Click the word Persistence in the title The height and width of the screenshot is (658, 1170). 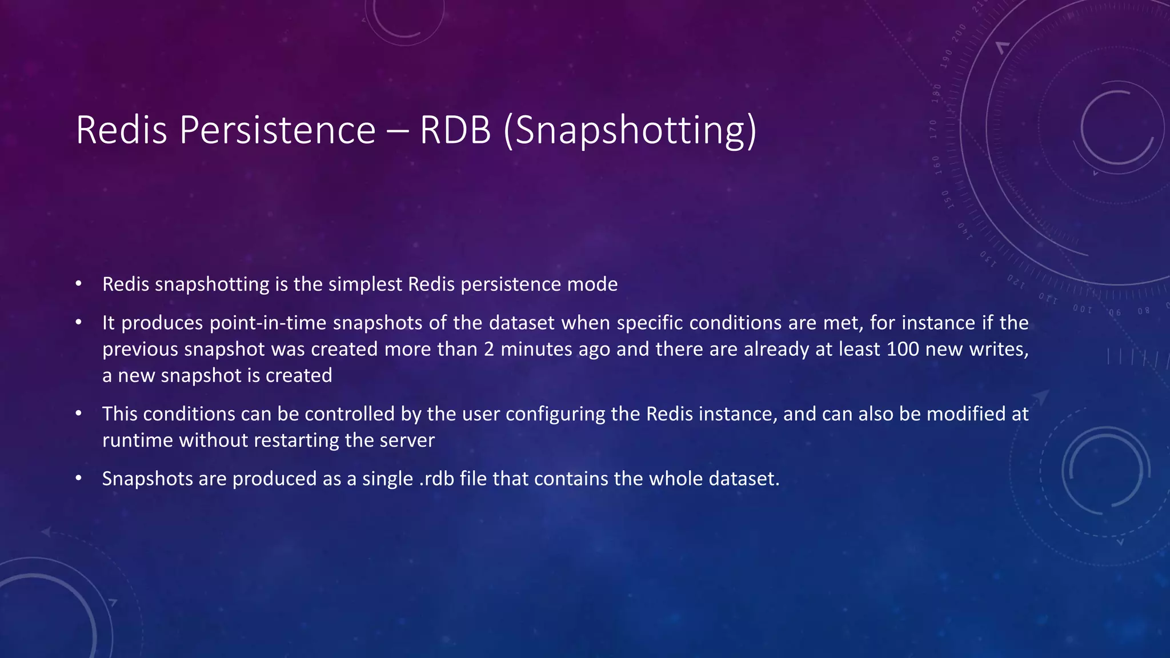pos(277,130)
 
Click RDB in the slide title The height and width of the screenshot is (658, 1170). pos(455,130)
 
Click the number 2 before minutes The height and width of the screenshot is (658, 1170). pos(488,349)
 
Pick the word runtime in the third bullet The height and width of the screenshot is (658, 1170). pos(137,440)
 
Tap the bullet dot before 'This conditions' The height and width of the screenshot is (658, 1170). pos(79,414)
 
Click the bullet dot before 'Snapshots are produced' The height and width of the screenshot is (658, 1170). pos(79,478)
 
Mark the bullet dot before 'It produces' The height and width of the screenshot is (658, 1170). pos(79,323)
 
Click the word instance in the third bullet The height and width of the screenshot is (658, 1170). pos(738,414)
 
